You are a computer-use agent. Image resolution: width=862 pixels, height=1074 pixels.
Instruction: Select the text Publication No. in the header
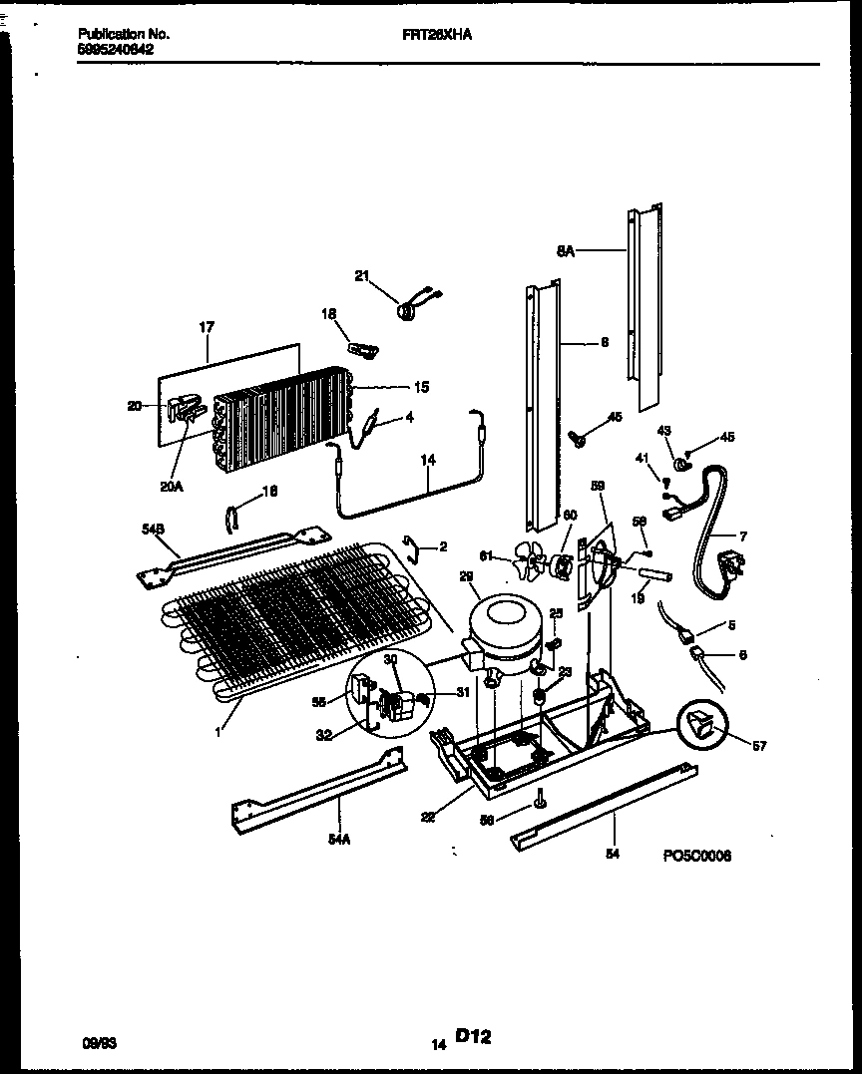(x=124, y=34)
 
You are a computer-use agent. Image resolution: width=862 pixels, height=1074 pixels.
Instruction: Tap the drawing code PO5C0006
(x=696, y=856)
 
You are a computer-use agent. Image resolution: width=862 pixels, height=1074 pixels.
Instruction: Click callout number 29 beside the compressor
(x=466, y=576)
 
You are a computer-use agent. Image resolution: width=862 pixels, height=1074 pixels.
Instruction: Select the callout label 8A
(x=565, y=252)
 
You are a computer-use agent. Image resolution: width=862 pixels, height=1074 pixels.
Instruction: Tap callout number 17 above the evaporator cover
(x=207, y=326)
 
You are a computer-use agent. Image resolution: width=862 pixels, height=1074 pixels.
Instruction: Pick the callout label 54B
(x=153, y=532)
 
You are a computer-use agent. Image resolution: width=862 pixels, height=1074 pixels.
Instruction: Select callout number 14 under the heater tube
(x=428, y=461)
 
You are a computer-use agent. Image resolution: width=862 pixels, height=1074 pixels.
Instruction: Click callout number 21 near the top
(x=362, y=276)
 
